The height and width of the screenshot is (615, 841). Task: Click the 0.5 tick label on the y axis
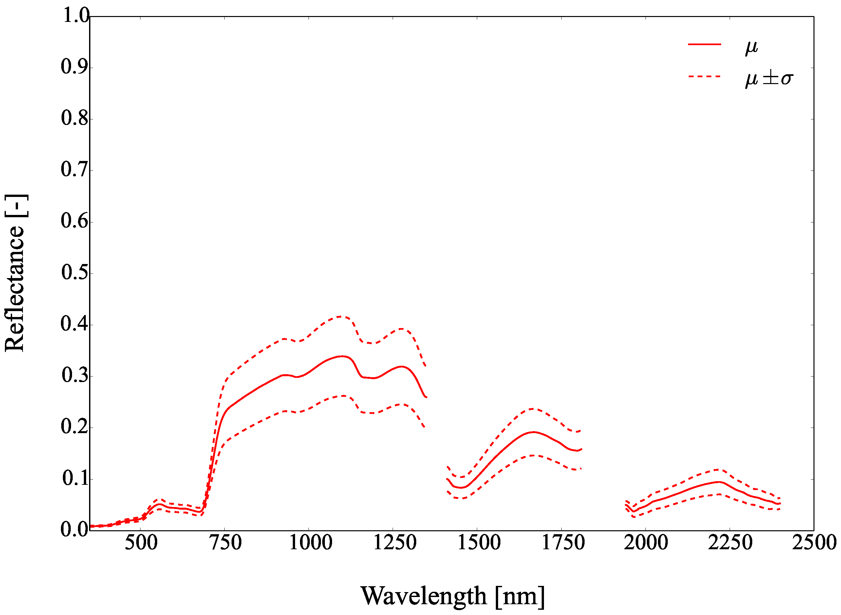[x=75, y=272]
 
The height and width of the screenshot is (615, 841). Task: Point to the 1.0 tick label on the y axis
[x=76, y=16]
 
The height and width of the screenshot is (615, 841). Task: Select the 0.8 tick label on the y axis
[x=75, y=118]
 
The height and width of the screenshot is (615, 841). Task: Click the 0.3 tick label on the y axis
[x=75, y=375]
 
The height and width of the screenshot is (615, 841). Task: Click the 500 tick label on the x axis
[x=141, y=543]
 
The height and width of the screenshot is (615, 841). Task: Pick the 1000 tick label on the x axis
[x=310, y=543]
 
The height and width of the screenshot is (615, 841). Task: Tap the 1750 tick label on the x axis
[x=563, y=543]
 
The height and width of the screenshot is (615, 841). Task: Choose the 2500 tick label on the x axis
[x=814, y=543]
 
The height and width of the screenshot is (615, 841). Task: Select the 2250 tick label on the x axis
[x=730, y=543]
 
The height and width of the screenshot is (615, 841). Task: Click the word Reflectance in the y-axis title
[x=15, y=289]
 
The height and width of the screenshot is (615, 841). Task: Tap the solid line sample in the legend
[x=704, y=44]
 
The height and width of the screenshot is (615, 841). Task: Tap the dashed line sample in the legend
[x=704, y=77]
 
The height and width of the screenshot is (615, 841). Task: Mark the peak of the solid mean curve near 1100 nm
[x=342, y=356]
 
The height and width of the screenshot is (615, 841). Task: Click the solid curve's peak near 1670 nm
[x=533, y=432]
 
